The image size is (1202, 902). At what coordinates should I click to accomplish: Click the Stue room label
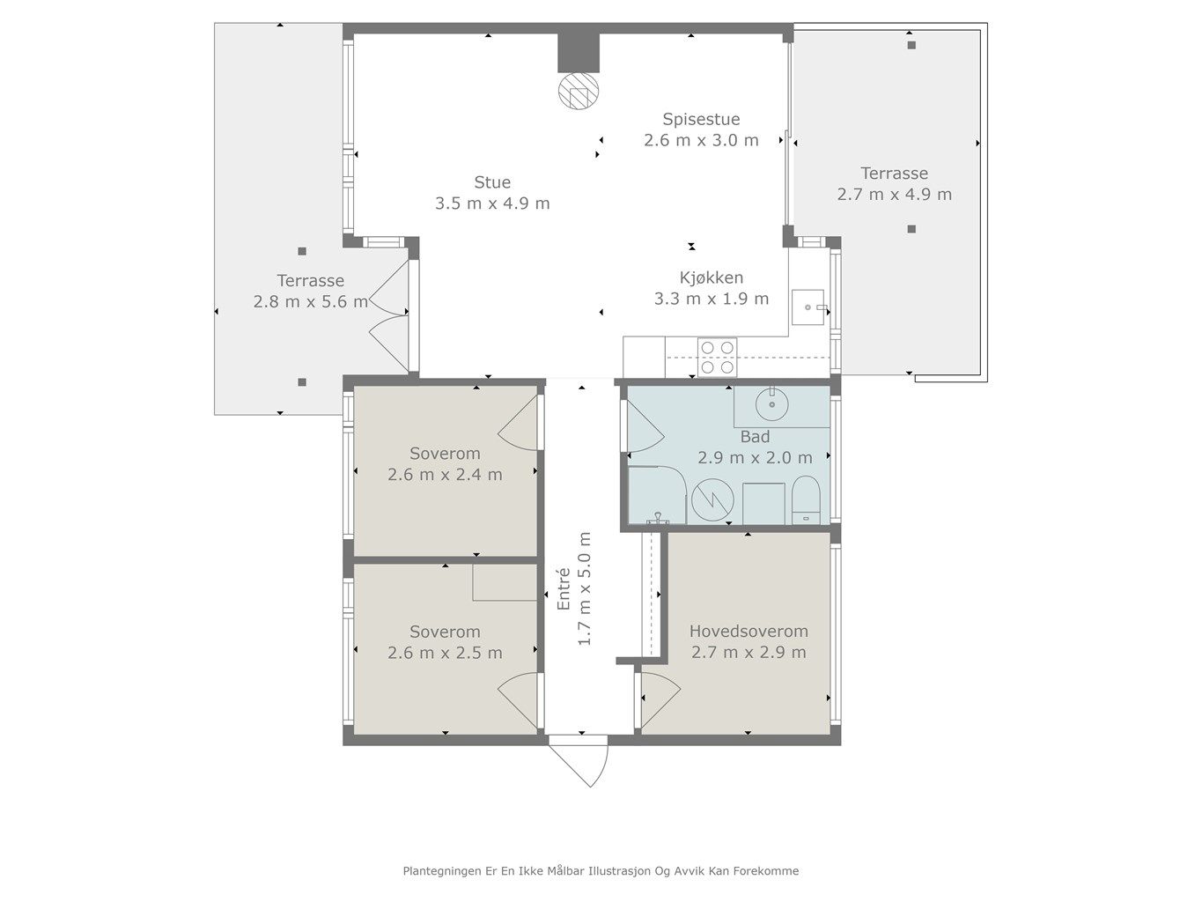pos(492,181)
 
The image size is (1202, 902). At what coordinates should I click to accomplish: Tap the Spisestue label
pos(701,119)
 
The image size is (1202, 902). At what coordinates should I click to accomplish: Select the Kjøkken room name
pos(712,277)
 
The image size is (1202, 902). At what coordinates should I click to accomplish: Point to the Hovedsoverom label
pos(748,631)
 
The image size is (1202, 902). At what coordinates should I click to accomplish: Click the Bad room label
pos(756,437)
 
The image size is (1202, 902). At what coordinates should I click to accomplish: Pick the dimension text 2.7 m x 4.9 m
pos(895,195)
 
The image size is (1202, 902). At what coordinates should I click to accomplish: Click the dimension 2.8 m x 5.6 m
pos(311,302)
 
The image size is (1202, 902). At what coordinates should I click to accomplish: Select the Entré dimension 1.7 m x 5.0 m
pos(585,588)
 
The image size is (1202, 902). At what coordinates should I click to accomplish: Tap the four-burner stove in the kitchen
pos(717,357)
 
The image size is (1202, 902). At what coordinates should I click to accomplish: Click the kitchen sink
pos(807,307)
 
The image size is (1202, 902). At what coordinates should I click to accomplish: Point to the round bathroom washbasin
pos(772,404)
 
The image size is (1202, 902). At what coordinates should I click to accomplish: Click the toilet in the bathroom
pos(806,500)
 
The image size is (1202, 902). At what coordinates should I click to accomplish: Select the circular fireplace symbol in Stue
pos(579,91)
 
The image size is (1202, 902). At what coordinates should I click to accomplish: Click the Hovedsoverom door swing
pos(660,701)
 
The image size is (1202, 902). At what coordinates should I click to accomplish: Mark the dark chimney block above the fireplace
pos(579,53)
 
